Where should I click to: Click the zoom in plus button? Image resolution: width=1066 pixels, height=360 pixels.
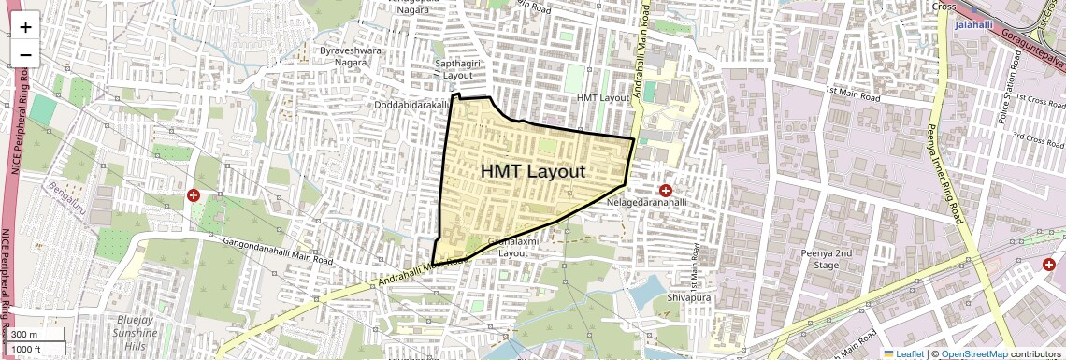coord(25,26)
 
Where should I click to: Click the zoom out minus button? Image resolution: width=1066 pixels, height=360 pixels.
coord(25,54)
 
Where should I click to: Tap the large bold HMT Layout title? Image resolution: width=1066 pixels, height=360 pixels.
coord(533,171)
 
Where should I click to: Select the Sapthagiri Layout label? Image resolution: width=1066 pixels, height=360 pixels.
coord(458,68)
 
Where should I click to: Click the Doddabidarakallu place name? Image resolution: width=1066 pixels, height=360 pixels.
coord(412,106)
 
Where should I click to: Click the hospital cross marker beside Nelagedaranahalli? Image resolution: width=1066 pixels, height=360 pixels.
coord(666,191)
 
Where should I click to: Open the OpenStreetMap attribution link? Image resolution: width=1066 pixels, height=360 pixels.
coord(973,353)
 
